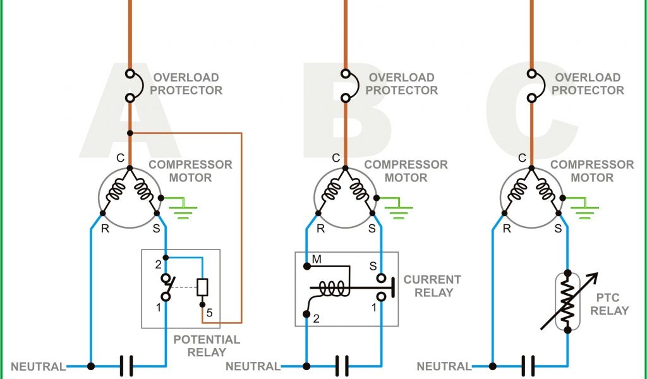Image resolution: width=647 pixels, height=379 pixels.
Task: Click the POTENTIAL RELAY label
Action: pos(207,346)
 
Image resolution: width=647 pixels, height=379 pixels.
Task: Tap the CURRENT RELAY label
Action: pos(432,286)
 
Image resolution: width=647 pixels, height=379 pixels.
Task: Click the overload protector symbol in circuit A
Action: pos(130,85)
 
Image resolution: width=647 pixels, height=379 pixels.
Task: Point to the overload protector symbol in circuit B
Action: pos(345,85)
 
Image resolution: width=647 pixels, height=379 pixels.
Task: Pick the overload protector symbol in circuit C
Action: pos(531,85)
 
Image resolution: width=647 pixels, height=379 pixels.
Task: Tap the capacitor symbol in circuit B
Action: pos(342,366)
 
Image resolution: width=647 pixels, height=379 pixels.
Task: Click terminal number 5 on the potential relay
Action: pos(209,313)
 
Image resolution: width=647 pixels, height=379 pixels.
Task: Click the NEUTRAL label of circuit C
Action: pos(444,366)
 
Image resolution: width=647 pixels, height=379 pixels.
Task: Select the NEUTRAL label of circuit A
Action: pos(38,366)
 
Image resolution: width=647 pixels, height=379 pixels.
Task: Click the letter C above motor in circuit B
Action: pos(336,158)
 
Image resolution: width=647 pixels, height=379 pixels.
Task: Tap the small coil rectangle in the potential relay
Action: pos(202,287)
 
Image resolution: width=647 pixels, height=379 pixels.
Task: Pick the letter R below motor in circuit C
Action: pos(507,229)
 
